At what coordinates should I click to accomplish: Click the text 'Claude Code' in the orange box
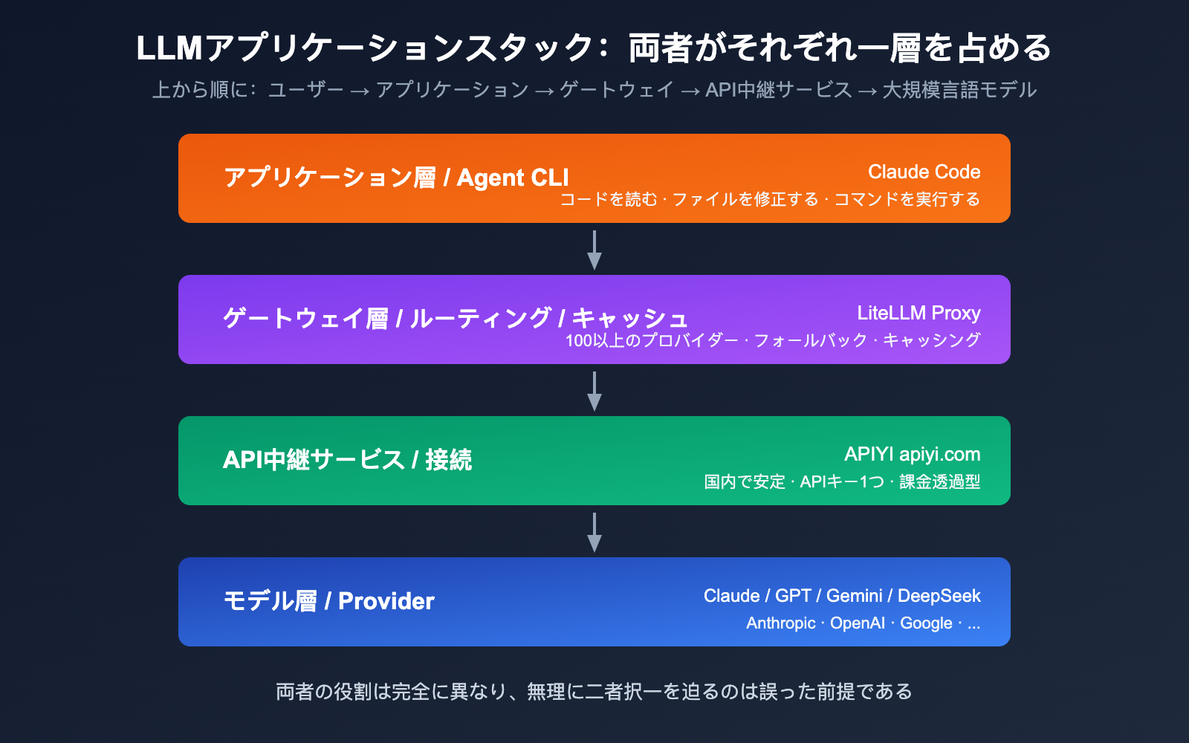(924, 172)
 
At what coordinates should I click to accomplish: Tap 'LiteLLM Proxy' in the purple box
(919, 313)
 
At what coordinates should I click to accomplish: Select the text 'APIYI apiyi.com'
(912, 454)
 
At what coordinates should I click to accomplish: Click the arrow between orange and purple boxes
(594, 250)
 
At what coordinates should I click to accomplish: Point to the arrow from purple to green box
(594, 391)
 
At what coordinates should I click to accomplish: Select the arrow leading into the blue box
(594, 532)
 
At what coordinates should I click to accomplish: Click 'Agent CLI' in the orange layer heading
(512, 178)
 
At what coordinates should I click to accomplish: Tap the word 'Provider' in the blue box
(386, 601)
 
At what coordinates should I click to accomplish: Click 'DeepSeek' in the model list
(939, 596)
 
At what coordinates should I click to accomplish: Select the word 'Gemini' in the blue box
(854, 596)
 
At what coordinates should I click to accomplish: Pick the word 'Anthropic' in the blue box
(780, 623)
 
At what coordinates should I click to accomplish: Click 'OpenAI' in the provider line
(857, 623)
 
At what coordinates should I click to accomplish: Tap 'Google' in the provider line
(926, 623)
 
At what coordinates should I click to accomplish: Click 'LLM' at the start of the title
(169, 48)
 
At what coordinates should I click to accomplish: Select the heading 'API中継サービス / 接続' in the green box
(347, 460)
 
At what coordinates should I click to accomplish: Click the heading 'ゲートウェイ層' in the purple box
(305, 319)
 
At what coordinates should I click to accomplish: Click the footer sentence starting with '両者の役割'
(594, 692)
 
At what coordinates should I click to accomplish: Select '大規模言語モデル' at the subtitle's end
(959, 90)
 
